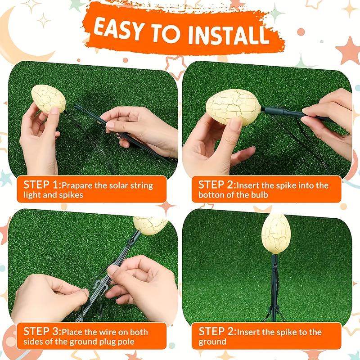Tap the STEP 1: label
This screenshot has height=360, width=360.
click(42, 185)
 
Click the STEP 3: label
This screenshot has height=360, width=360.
click(42, 332)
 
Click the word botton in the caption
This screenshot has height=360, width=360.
click(212, 195)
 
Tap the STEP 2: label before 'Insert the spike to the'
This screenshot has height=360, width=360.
click(217, 332)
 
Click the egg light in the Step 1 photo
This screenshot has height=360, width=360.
click(48, 98)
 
